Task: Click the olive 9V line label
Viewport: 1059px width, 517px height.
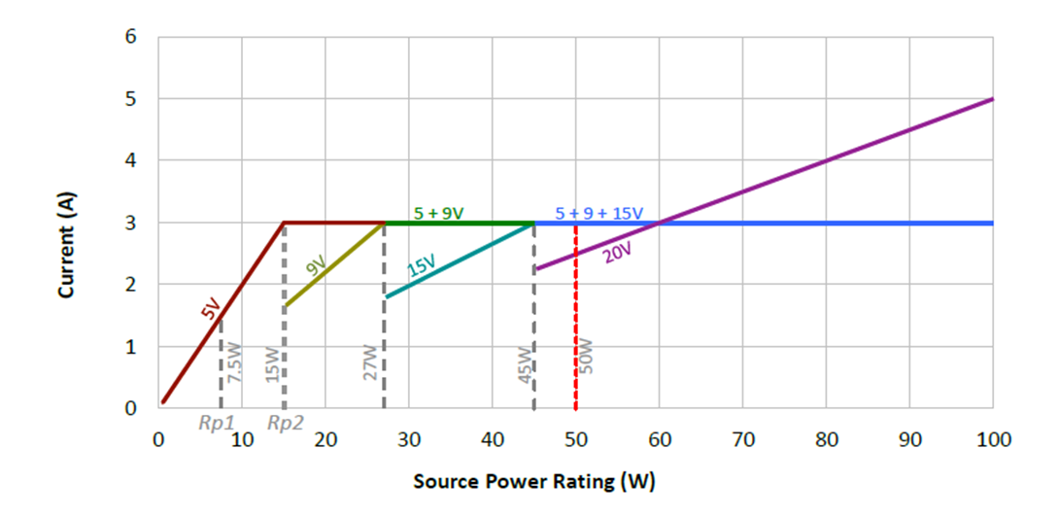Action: (316, 264)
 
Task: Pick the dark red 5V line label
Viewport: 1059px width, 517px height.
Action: (210, 309)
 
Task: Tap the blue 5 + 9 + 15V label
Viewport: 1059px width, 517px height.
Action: (598, 213)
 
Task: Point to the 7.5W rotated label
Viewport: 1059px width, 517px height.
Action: (235, 361)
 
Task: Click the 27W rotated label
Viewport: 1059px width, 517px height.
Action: (370, 361)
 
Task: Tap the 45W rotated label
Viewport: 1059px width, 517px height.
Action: (524, 361)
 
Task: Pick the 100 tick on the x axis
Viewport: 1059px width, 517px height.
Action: (992, 439)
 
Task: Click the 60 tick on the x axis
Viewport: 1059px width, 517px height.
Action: (659, 439)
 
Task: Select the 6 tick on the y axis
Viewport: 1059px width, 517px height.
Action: (130, 37)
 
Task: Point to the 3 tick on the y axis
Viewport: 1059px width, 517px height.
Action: (130, 224)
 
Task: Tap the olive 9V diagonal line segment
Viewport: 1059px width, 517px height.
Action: (335, 264)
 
